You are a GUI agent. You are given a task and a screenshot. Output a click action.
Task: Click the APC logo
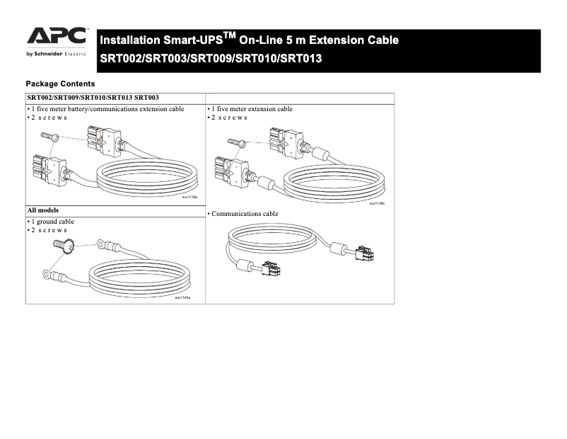pos(57,37)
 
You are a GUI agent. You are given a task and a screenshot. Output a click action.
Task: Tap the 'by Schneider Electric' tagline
pos(56,54)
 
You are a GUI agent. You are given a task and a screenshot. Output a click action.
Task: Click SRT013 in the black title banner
pos(300,58)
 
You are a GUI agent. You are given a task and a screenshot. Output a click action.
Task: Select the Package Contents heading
pos(60,84)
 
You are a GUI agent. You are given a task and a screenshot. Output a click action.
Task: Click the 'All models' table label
pos(43,210)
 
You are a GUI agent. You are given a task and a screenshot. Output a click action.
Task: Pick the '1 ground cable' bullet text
pos(52,222)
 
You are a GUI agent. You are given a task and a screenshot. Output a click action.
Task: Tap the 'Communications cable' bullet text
pos(245,214)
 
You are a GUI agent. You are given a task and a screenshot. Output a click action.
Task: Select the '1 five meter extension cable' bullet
pos(252,109)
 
